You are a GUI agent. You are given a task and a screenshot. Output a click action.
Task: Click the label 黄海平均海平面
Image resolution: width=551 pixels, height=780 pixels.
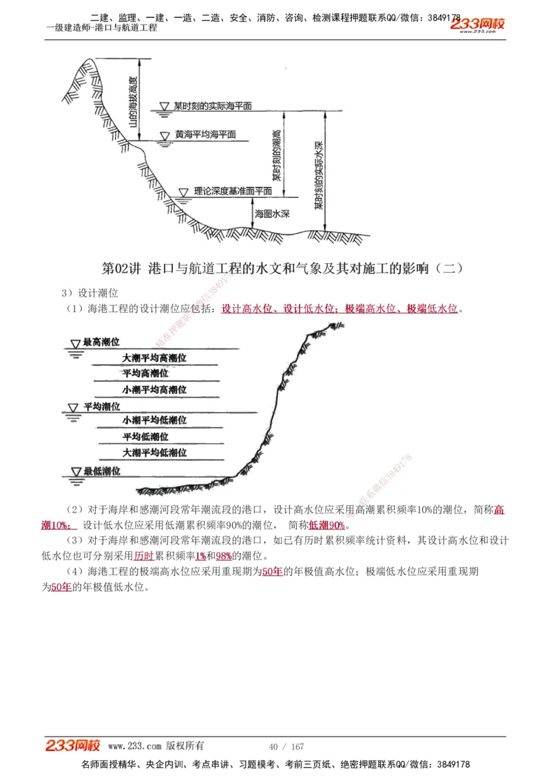[205, 135]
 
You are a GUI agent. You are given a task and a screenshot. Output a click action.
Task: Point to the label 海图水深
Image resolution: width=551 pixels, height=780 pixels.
[272, 214]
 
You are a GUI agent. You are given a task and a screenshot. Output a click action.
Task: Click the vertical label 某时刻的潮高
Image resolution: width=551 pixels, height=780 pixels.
[276, 156]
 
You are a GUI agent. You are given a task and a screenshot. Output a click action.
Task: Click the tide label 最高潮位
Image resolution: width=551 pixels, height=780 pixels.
[101, 342]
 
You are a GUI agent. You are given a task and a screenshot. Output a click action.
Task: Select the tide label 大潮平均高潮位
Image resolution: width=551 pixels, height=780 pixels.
[154, 358]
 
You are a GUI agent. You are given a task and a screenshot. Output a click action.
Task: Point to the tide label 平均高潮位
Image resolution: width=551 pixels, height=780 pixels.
[145, 373]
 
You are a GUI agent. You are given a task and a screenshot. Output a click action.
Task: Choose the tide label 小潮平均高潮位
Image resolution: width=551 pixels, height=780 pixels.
[154, 389]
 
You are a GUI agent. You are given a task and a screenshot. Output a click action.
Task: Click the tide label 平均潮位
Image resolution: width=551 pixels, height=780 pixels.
[101, 407]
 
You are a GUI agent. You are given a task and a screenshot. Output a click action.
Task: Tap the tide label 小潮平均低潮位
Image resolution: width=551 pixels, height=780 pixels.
[154, 420]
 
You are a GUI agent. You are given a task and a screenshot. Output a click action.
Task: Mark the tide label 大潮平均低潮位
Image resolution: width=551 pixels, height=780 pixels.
[154, 453]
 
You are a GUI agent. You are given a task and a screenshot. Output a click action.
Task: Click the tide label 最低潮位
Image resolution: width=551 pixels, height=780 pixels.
[101, 471]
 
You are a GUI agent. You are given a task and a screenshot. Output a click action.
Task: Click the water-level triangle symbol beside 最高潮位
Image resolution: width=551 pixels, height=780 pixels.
[75, 343]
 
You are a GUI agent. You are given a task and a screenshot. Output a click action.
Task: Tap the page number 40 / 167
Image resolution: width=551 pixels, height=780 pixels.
[286, 747]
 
